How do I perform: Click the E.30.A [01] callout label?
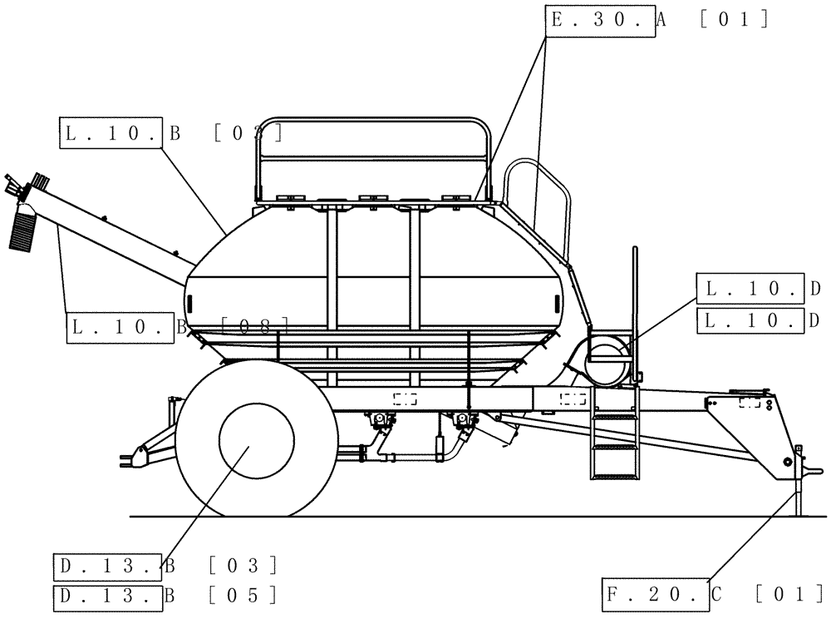[656, 20]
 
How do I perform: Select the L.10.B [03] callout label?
[170, 132]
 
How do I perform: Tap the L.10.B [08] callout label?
[178, 327]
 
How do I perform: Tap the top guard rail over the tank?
[374, 125]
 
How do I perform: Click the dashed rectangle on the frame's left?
[406, 399]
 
